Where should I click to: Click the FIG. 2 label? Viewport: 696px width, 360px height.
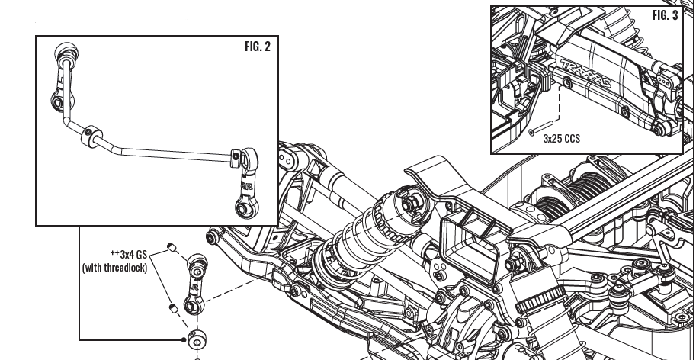[257, 47]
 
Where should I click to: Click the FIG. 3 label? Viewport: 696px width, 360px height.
[665, 16]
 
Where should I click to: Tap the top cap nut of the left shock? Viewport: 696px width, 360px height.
[410, 203]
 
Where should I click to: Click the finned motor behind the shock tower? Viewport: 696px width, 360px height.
[602, 183]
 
